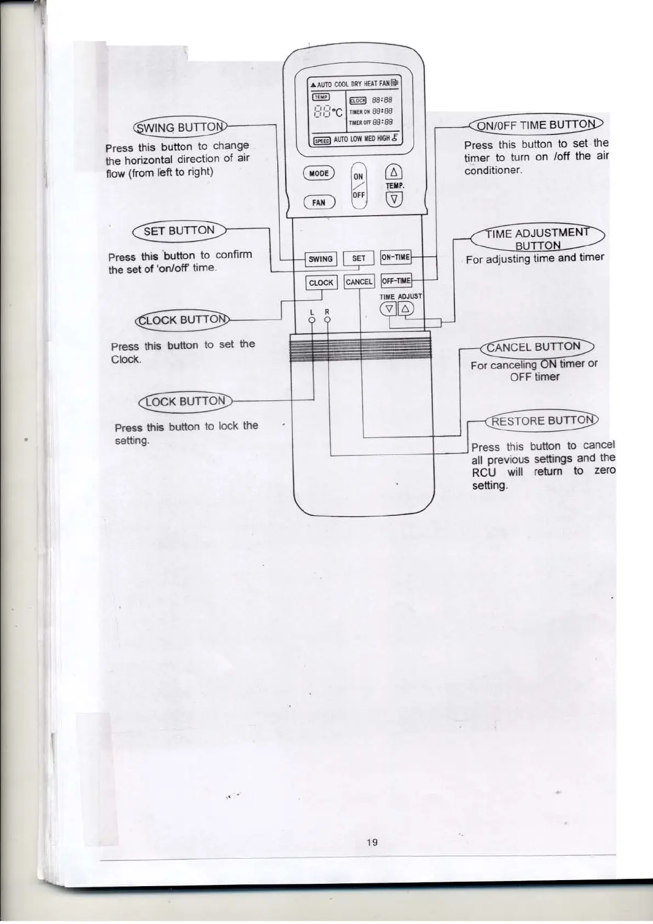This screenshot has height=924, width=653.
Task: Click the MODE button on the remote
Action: pos(319,173)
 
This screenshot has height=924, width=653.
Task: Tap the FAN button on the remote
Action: pos(319,202)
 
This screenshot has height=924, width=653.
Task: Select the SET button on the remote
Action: pos(359,258)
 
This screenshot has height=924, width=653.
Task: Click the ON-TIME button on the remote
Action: pos(395,257)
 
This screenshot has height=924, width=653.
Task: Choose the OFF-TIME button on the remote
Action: pos(396,281)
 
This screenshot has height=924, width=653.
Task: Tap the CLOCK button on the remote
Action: pos(321,283)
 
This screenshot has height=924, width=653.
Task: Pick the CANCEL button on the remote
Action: pos(359,282)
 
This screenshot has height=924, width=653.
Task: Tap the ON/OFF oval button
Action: pos(358,185)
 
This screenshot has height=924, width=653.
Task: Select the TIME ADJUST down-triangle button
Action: pos(388,309)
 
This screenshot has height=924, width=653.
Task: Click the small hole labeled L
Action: pos(311,319)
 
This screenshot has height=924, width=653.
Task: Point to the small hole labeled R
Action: pos(327,319)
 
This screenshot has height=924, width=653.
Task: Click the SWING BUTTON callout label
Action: pos(179,128)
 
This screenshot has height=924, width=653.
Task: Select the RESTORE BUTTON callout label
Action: pos(542,421)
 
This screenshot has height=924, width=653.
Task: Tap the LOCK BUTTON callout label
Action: pos(185,401)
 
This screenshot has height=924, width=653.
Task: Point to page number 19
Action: pos(372,842)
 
